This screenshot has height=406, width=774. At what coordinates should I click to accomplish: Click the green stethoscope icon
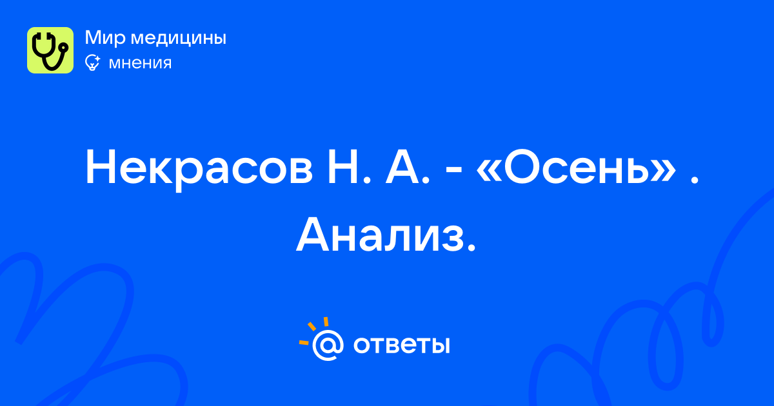(x=50, y=50)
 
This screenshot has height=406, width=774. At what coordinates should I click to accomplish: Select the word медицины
(x=178, y=38)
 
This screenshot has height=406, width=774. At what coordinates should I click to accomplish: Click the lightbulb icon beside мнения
(x=92, y=63)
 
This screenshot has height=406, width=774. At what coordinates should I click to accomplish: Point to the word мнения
(x=140, y=63)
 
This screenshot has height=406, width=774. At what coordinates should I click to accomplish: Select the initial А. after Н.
(x=408, y=167)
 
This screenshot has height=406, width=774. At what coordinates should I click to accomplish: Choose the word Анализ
(x=380, y=235)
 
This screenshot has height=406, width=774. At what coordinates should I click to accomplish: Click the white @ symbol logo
(x=328, y=345)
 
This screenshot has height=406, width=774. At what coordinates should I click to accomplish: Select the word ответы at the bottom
(x=401, y=345)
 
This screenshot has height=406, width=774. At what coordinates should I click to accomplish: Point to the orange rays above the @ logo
(x=313, y=331)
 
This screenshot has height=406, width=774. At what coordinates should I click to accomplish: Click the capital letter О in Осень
(x=522, y=167)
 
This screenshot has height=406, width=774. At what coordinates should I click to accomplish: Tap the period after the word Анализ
(x=471, y=249)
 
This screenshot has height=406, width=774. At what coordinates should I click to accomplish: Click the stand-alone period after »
(x=694, y=180)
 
